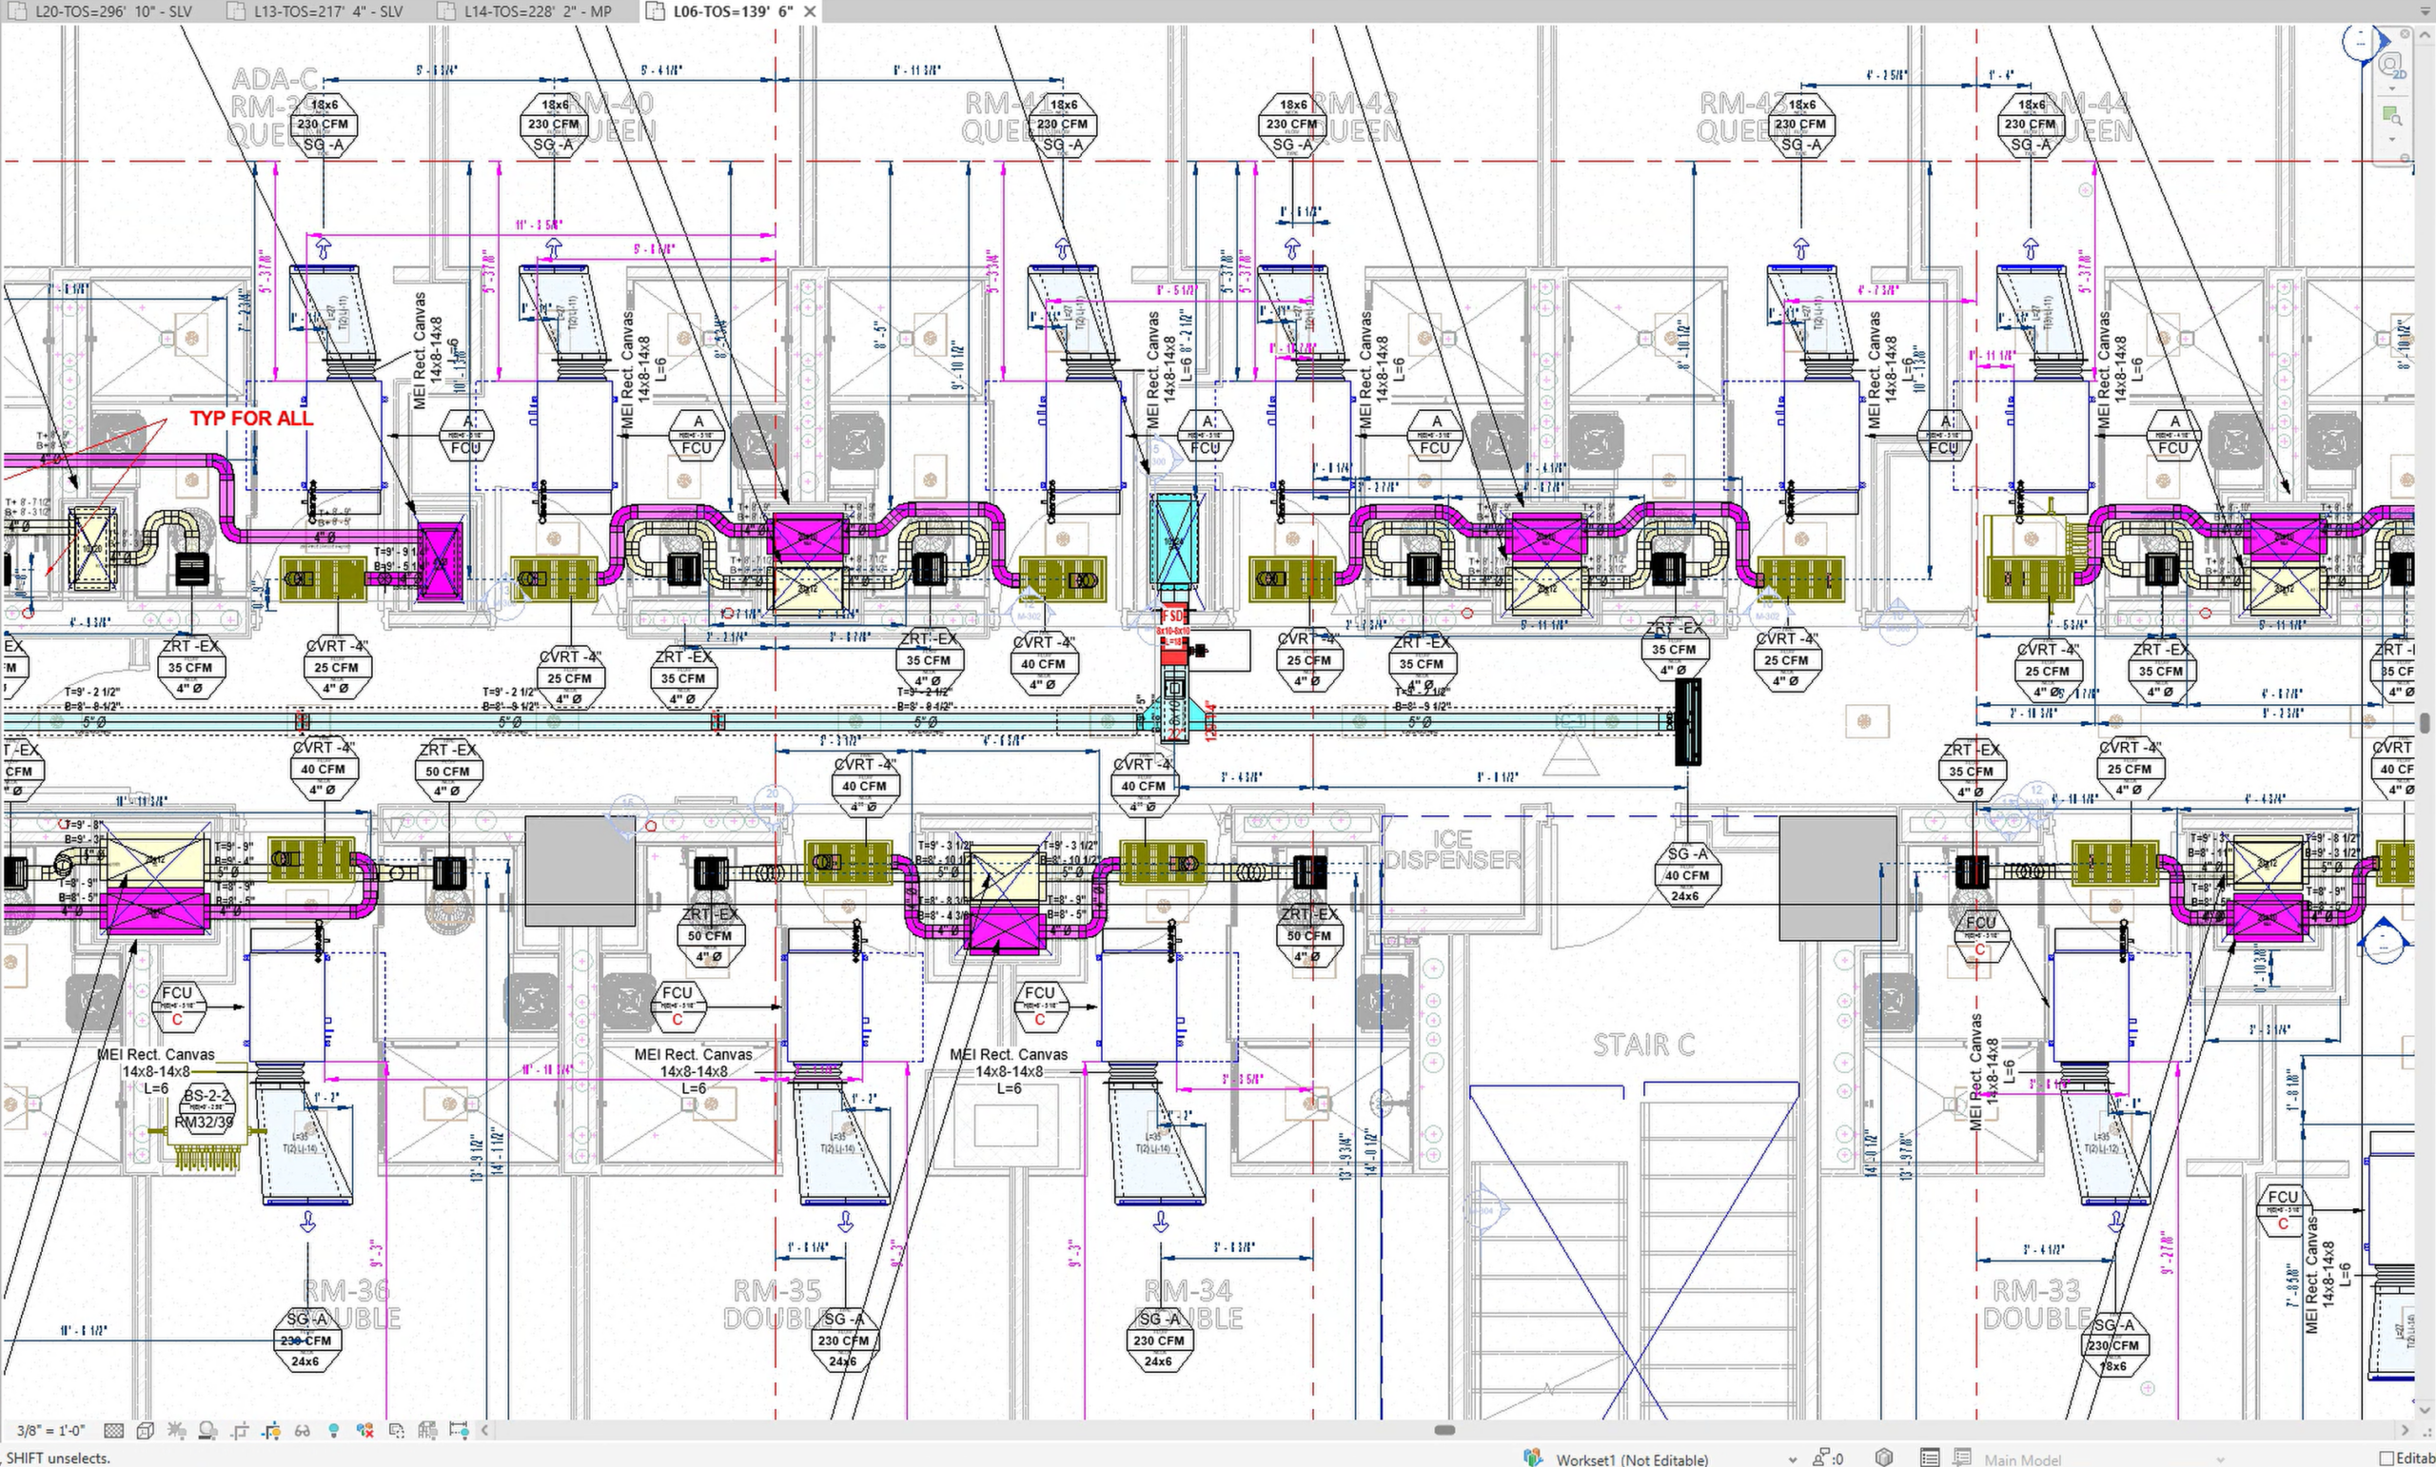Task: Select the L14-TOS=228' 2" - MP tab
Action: pyautogui.click(x=538, y=11)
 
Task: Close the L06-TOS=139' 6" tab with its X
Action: pyautogui.click(x=810, y=11)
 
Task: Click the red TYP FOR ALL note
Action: pyautogui.click(x=251, y=419)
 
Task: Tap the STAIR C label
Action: pyautogui.click(x=1643, y=1045)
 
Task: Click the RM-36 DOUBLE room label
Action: pyautogui.click(x=346, y=1303)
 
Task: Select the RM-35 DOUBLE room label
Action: pyautogui.click(x=777, y=1303)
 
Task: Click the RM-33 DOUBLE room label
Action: pyautogui.click(x=2036, y=1303)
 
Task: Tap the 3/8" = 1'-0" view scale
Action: pyautogui.click(x=50, y=1431)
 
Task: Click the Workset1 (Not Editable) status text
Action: pyautogui.click(x=1631, y=1459)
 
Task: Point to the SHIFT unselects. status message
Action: pyautogui.click(x=57, y=1458)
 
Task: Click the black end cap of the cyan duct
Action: pyautogui.click(x=1688, y=722)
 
